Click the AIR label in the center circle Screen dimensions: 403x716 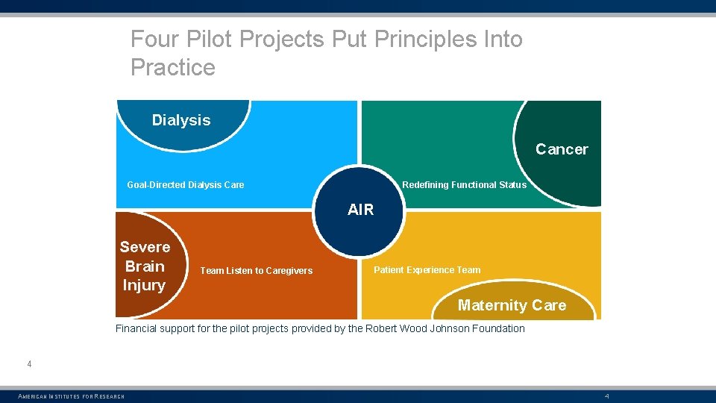(x=360, y=210)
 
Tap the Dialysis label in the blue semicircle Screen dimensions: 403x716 (x=181, y=120)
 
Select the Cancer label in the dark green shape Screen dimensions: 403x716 (x=562, y=149)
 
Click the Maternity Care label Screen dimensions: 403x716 (x=512, y=305)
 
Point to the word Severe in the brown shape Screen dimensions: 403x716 (x=145, y=247)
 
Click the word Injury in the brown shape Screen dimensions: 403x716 (x=144, y=285)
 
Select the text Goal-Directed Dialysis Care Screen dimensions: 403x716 (x=186, y=185)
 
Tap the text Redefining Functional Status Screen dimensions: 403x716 (x=464, y=185)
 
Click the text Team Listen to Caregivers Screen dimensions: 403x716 (x=257, y=271)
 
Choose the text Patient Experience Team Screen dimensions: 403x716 (x=427, y=270)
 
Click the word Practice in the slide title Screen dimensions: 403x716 (x=173, y=68)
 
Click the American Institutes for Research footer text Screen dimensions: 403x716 (x=72, y=396)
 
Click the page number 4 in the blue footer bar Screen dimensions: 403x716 (x=607, y=396)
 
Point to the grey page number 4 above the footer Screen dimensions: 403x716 (x=29, y=364)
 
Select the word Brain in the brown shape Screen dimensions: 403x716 (x=145, y=266)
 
